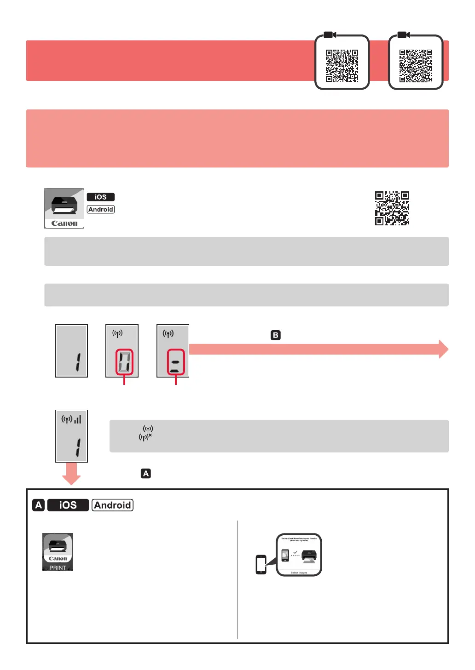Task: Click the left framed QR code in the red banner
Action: pyautogui.click(x=342, y=65)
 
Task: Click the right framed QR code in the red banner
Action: pyautogui.click(x=416, y=65)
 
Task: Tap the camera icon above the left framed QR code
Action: pyautogui.click(x=330, y=35)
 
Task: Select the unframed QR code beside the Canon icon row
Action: pyautogui.click(x=392, y=208)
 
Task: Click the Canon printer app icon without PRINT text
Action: pyautogui.click(x=64, y=208)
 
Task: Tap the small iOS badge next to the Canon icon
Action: pyautogui.click(x=100, y=197)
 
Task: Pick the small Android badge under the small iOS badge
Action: pyautogui.click(x=101, y=209)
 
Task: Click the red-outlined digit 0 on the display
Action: pyautogui.click(x=124, y=362)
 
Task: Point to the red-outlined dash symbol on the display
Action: pyautogui.click(x=175, y=362)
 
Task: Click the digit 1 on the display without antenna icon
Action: pyautogui.click(x=78, y=362)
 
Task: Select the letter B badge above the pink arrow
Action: pyautogui.click(x=275, y=335)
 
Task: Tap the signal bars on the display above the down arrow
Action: pyautogui.click(x=78, y=419)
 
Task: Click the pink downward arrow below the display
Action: pyautogui.click(x=71, y=473)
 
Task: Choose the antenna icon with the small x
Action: pyautogui.click(x=145, y=437)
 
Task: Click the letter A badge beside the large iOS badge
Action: pyautogui.click(x=39, y=505)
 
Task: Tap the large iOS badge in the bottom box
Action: pyautogui.click(x=68, y=505)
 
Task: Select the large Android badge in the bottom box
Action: pyautogui.click(x=112, y=505)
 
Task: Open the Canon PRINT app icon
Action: pyautogui.click(x=58, y=551)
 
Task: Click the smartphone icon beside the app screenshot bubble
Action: pyautogui.click(x=261, y=564)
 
